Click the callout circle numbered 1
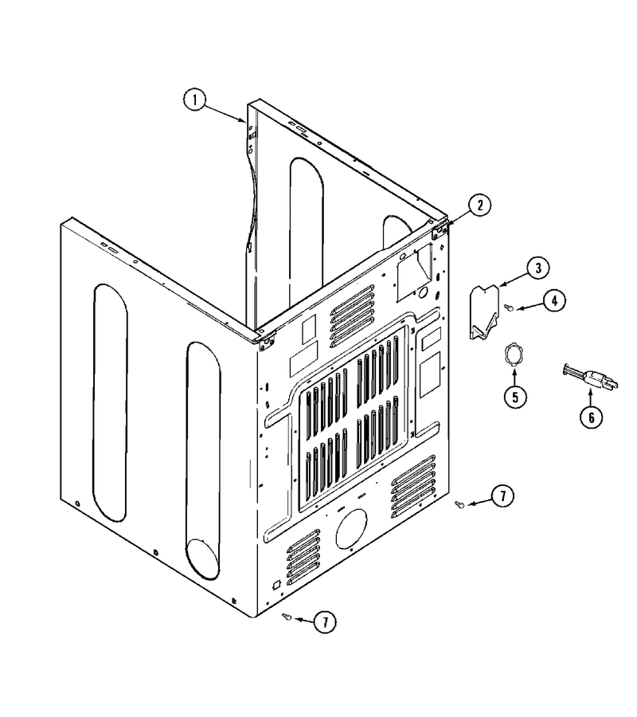click(x=195, y=100)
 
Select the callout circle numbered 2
click(x=479, y=206)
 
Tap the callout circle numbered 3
click(x=537, y=268)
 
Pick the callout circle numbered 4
click(x=554, y=300)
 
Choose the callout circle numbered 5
click(x=515, y=397)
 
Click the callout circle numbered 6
click(x=592, y=417)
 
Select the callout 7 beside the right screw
click(x=502, y=496)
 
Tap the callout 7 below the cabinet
click(x=325, y=622)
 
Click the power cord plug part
click(x=590, y=376)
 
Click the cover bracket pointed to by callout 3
click(x=484, y=311)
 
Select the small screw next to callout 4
click(x=508, y=308)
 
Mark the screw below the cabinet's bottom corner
click(x=287, y=617)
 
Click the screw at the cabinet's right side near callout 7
click(x=460, y=504)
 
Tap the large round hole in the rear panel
click(x=351, y=528)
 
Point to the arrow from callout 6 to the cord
click(x=590, y=396)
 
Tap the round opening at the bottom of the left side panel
click(x=203, y=559)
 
